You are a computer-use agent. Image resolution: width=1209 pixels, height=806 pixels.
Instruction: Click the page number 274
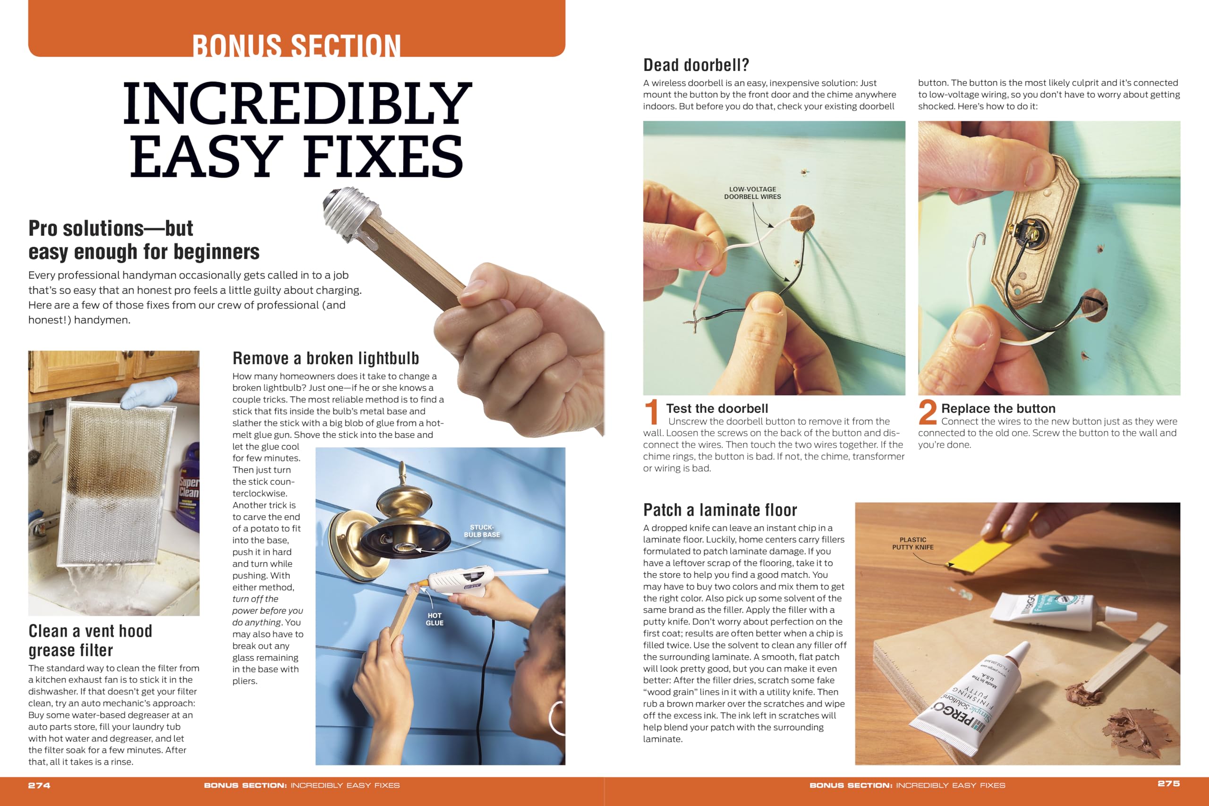pos(39,785)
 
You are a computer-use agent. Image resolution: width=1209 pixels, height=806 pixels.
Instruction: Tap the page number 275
pos(1168,783)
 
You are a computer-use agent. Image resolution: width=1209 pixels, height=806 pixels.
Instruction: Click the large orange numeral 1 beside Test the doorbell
pos(651,412)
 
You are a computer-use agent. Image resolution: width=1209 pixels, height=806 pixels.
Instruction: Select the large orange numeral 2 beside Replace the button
pos(928,412)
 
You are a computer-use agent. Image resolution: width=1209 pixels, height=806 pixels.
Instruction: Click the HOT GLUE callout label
pos(434,619)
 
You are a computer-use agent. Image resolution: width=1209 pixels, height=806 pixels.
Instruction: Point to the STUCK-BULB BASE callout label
pos(482,531)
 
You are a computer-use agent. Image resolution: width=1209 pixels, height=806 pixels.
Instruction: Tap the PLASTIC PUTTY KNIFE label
pos(912,543)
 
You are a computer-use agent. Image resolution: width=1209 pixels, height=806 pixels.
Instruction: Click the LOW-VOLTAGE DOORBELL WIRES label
pos(752,193)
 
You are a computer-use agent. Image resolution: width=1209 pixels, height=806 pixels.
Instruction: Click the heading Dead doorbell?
pos(696,65)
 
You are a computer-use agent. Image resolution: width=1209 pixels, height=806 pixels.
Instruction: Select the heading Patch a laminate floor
pos(720,510)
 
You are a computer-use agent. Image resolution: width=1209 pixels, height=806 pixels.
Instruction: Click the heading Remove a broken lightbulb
pos(325,358)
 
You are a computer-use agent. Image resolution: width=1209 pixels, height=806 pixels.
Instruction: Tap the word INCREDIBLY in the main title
pos(297,104)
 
